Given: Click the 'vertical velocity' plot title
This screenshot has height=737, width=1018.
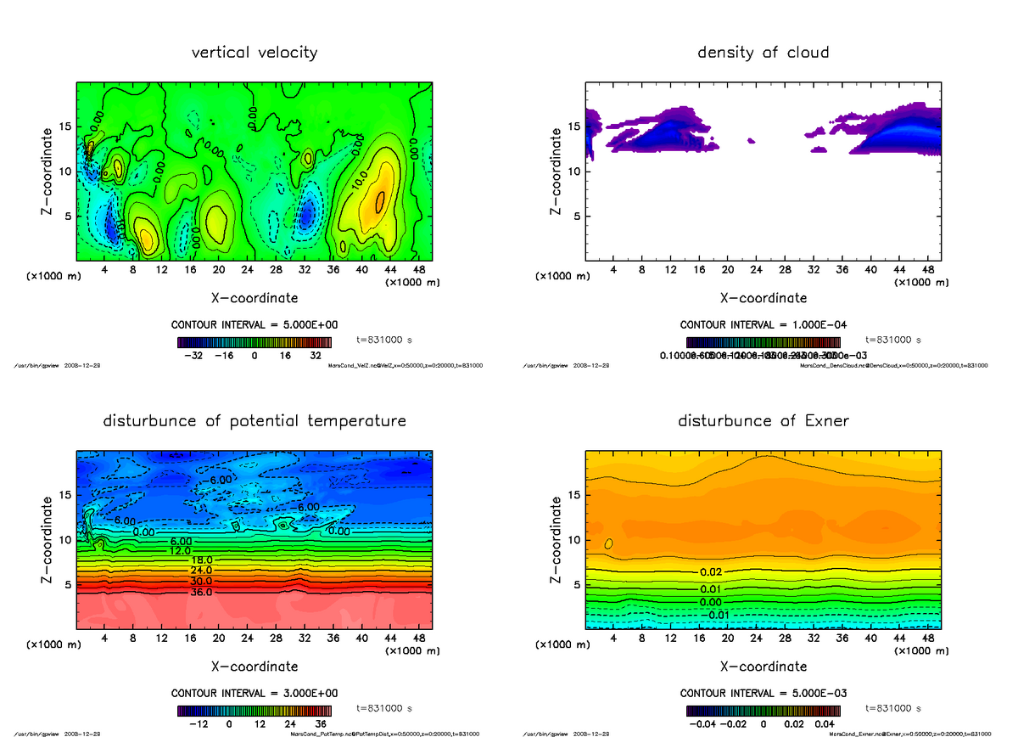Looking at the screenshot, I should (255, 53).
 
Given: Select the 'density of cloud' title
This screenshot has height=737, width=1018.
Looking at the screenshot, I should (763, 53).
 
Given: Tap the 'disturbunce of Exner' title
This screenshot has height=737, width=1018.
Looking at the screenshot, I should (763, 421).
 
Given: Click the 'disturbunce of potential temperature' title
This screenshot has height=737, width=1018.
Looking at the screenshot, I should (255, 421).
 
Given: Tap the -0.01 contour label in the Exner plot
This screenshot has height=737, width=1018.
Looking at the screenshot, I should (719, 615).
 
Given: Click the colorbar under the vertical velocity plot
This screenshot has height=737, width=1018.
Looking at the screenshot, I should (255, 342).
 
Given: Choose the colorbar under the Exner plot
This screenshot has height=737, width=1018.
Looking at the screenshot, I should (763, 710).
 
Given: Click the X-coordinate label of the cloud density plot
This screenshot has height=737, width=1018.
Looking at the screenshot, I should (763, 298).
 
